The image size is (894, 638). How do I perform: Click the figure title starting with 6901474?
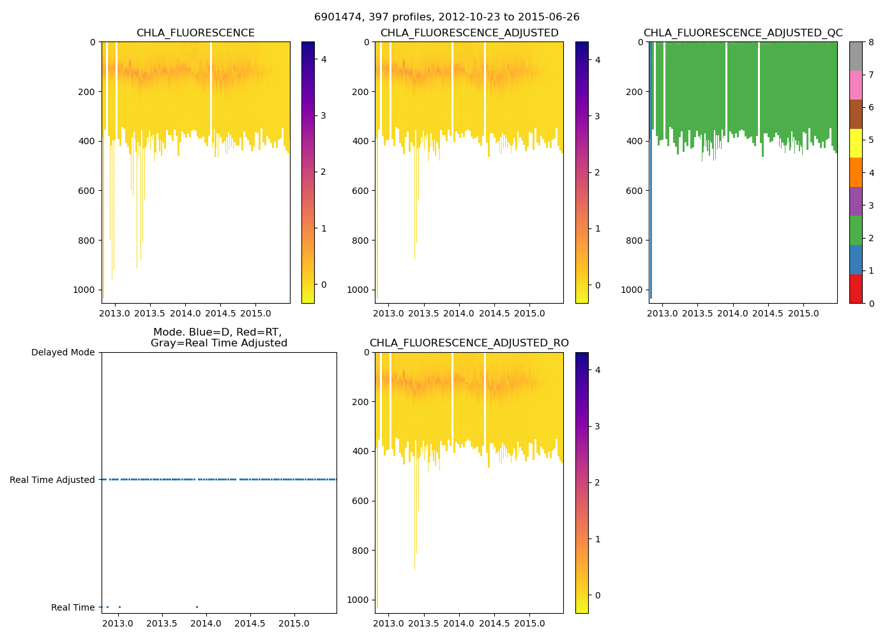446,17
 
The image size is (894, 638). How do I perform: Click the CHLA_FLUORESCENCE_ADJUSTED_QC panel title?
743,33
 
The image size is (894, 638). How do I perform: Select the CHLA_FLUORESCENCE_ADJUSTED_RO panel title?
469,343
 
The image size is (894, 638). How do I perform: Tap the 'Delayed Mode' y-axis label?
63,352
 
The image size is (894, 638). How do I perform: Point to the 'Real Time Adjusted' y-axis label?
52,480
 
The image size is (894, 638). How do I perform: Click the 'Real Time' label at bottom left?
73,607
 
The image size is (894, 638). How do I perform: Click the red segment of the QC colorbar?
856,288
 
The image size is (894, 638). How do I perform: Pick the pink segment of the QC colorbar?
856,85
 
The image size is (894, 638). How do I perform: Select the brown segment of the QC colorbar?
856,114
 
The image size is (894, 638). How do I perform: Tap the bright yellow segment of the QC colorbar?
856,143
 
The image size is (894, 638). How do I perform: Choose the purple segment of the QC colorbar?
856,201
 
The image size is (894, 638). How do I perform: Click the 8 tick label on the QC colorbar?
871,42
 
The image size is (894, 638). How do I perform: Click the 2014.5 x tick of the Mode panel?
250,623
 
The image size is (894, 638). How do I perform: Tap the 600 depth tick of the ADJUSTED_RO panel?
363,501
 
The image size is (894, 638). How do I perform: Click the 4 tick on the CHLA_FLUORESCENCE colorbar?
324,59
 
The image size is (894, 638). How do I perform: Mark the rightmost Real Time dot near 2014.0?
197,607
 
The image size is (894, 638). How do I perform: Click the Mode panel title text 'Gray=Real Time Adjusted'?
218,343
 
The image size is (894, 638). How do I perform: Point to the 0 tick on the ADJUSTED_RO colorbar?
598,595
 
